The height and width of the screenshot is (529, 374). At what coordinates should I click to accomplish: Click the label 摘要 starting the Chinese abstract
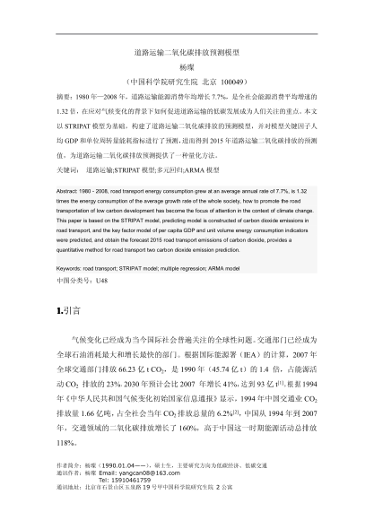pos(65,93)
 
